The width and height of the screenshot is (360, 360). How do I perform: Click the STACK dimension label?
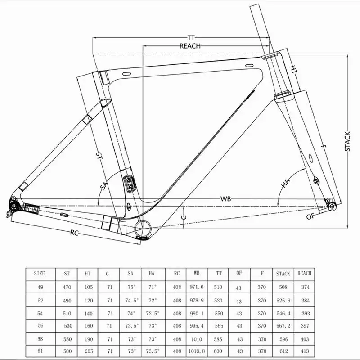coord(347,141)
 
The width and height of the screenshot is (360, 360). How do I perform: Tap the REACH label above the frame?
coord(190,46)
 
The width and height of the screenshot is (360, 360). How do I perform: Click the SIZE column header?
coord(40,273)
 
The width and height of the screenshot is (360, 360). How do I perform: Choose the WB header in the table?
coord(197,273)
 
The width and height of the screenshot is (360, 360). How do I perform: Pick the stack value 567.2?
coord(283,325)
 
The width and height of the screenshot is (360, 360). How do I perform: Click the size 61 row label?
coord(40,350)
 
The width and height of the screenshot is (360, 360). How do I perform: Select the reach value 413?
coord(304,350)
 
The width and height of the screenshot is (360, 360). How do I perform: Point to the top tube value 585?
coord(219,337)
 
